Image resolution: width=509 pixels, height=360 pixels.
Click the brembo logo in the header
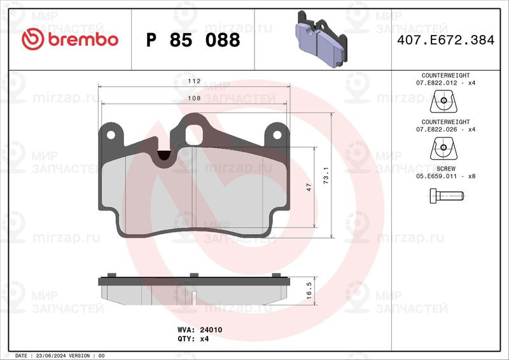[70, 39]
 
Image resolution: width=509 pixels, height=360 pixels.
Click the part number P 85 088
[193, 40]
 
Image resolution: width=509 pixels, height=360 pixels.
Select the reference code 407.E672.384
[446, 40]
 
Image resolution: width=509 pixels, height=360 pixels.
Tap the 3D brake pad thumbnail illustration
[321, 39]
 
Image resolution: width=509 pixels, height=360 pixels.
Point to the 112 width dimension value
[194, 81]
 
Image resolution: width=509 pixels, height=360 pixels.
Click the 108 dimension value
[194, 98]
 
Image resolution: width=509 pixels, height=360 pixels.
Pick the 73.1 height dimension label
[326, 176]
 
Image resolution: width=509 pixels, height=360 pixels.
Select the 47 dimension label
[309, 187]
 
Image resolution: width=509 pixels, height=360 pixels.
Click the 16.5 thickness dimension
[309, 290]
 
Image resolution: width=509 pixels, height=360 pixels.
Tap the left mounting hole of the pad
[111, 134]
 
